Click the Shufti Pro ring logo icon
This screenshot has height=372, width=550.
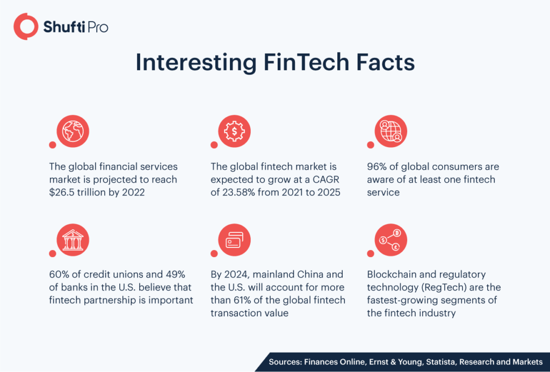[25, 27]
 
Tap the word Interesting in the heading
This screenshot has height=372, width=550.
[195, 63]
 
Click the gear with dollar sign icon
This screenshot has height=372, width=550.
[234, 131]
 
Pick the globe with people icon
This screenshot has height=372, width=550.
[391, 131]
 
